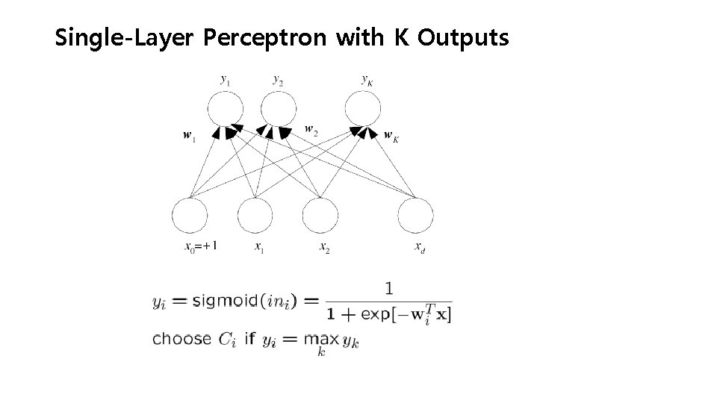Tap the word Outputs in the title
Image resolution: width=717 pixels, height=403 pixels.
tap(463, 37)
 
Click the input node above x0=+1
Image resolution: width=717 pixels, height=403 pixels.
tap(190, 216)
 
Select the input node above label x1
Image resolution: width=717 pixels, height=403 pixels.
tap(256, 216)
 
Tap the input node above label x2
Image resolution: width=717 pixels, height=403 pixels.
tap(321, 216)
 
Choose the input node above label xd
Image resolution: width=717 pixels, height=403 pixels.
tap(416, 216)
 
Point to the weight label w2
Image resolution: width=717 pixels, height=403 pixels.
tap(311, 129)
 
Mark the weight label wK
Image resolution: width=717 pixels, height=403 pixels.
tap(390, 136)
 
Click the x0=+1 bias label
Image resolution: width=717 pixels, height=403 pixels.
tap(201, 247)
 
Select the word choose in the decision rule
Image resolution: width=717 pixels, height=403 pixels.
tap(181, 339)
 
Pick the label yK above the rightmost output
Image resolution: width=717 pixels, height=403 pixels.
tap(366, 78)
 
